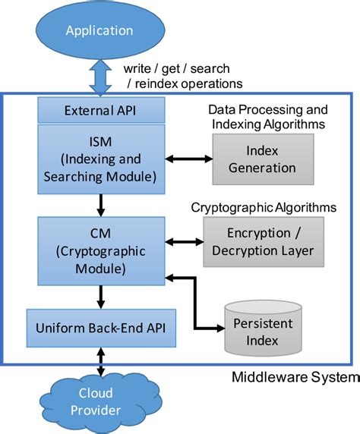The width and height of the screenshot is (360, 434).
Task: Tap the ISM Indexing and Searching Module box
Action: pyautogui.click(x=102, y=156)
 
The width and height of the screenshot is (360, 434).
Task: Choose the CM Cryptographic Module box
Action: pyautogui.click(x=102, y=247)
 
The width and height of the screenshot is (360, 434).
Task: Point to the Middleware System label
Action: pyautogui.click(x=292, y=377)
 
